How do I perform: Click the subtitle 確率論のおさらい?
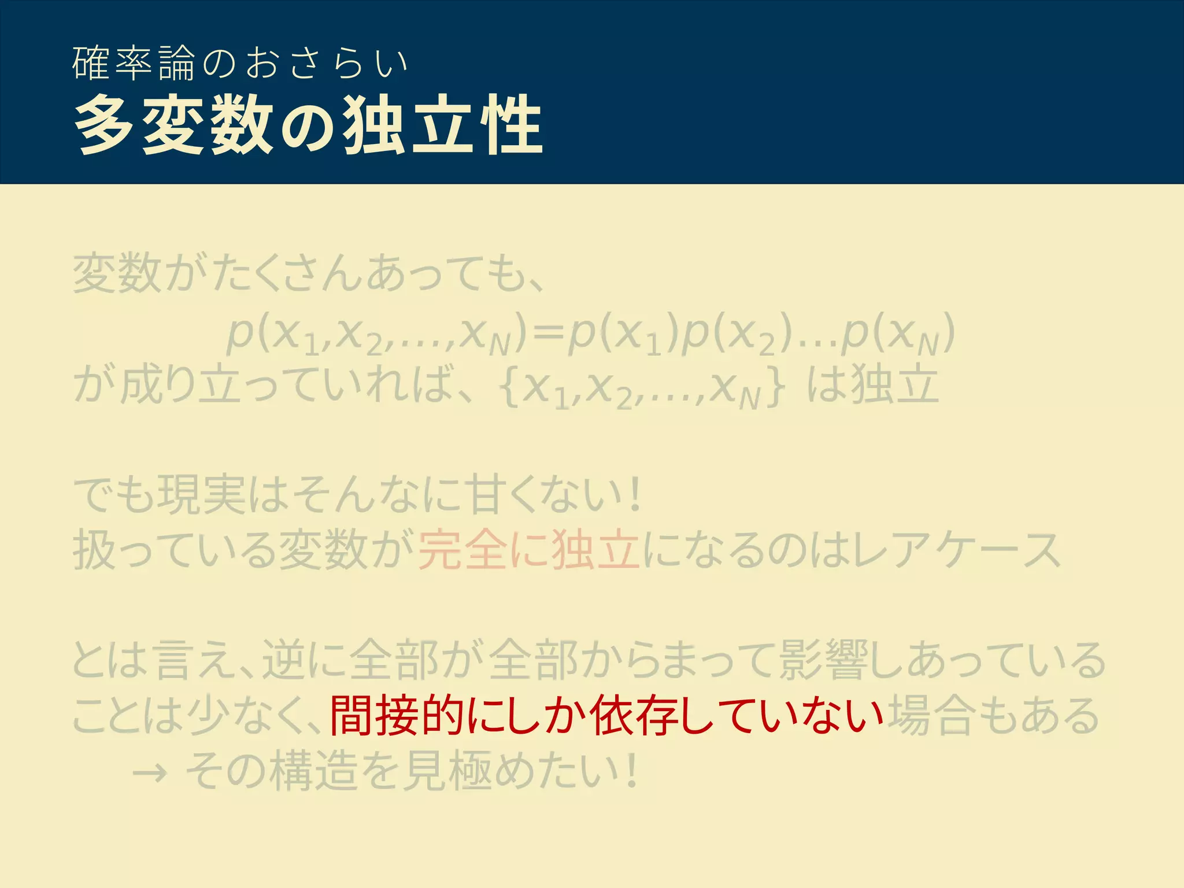point(240,63)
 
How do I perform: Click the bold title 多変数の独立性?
point(309,125)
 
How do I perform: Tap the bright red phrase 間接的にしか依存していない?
point(606,716)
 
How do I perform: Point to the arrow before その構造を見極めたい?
point(150,772)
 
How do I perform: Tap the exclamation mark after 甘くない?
point(635,495)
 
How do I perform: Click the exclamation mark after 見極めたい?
point(632,771)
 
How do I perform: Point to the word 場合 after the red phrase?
point(933,716)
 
